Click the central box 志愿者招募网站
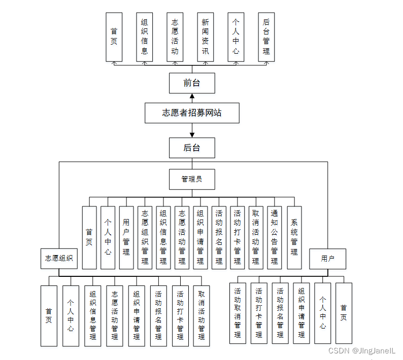[x=191, y=113]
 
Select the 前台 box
[x=191, y=83]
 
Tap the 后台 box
[x=191, y=148]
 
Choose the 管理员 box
[x=191, y=179]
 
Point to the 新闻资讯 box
[x=205, y=37]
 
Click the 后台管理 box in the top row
[x=266, y=37]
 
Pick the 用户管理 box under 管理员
[x=126, y=237]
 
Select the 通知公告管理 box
[x=274, y=237]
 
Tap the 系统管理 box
[x=294, y=237]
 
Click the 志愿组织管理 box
[x=145, y=237]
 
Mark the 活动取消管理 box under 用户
[x=238, y=313]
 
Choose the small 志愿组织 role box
[x=58, y=259]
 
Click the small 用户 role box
[x=327, y=259]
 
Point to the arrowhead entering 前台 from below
[x=192, y=96]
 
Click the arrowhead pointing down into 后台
[x=192, y=135]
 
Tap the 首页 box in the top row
[x=114, y=37]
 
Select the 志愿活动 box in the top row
[x=175, y=37]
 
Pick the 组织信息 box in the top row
[x=144, y=37]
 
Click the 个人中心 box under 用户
[x=322, y=313]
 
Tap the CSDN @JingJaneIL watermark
[x=362, y=351]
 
